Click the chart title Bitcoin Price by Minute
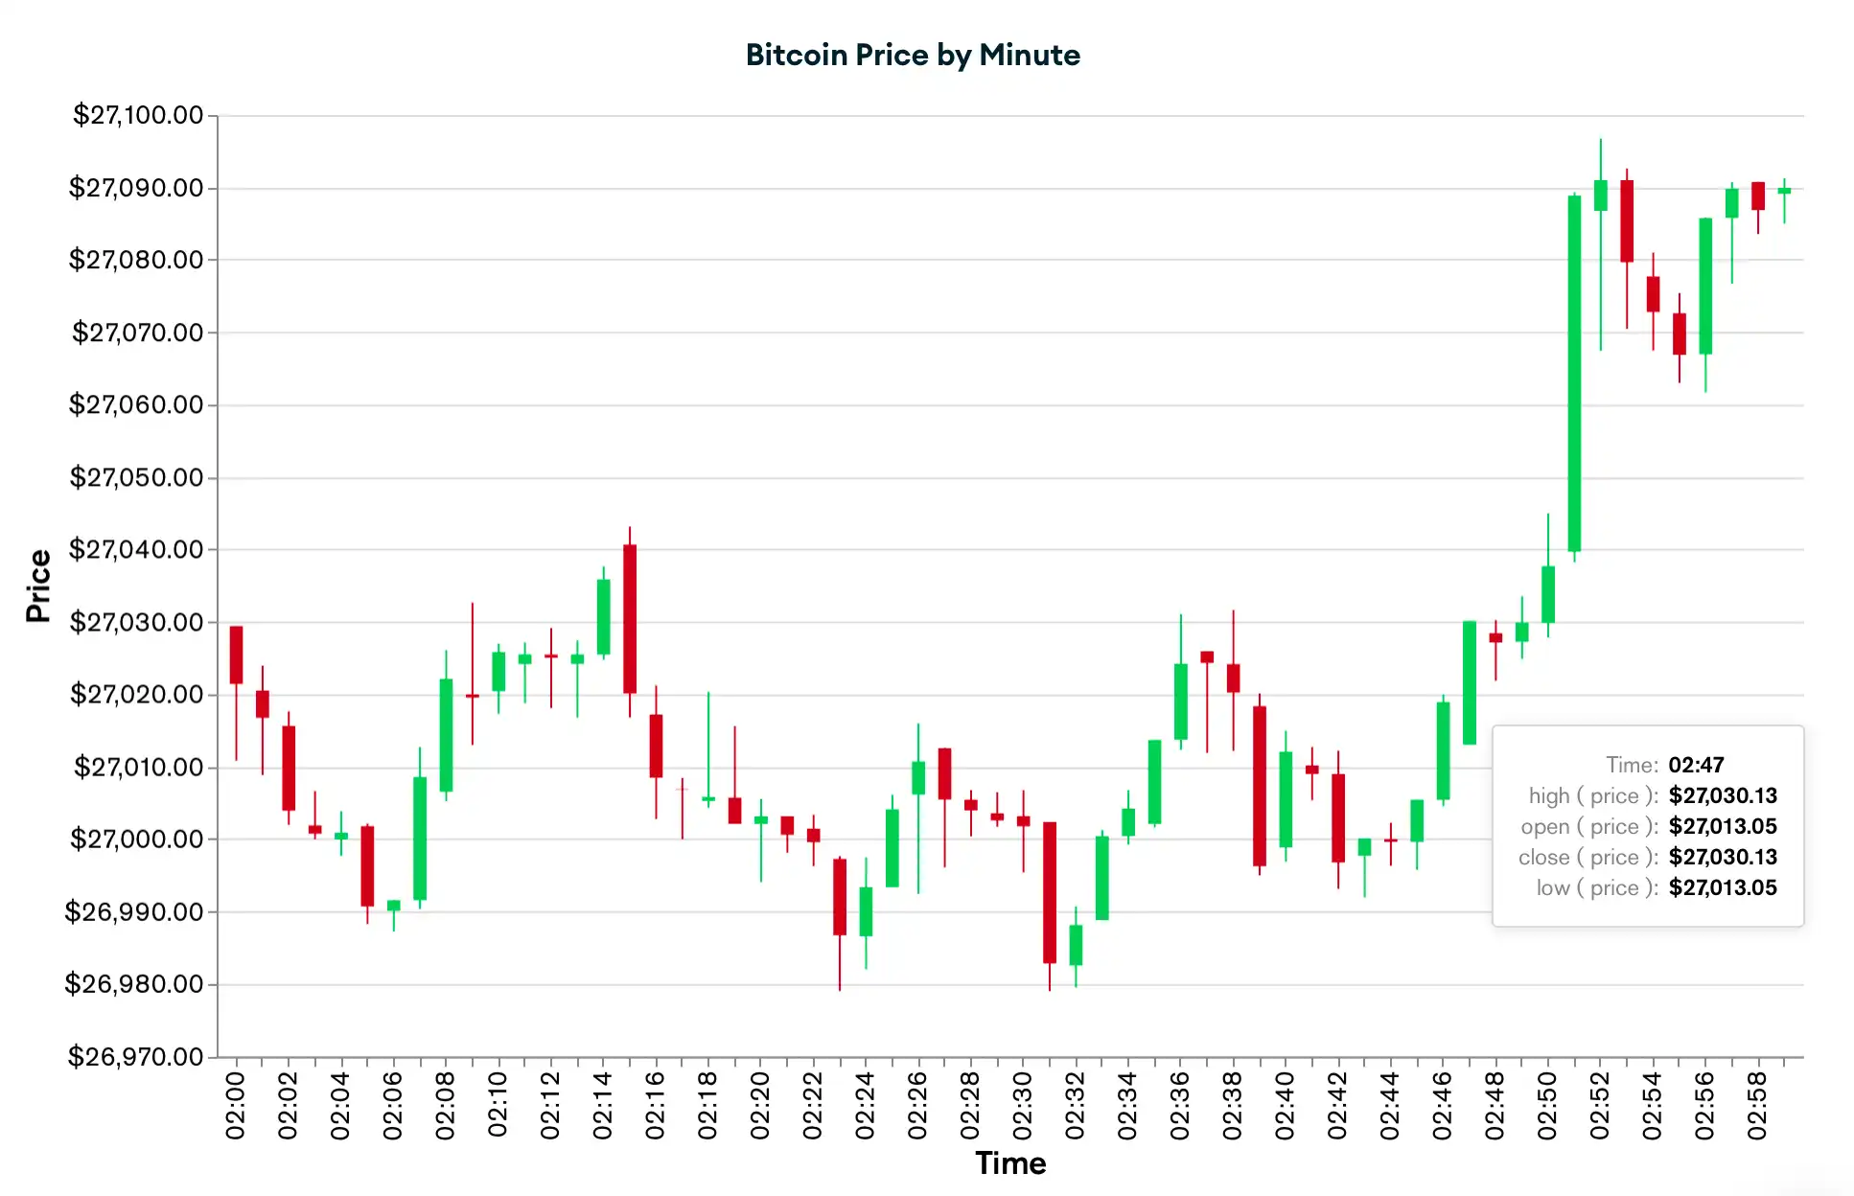tap(913, 56)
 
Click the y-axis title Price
tap(38, 586)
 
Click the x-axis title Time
tap(1010, 1163)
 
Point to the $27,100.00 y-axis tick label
tap(138, 115)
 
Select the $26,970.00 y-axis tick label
tap(135, 1057)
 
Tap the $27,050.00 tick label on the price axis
tap(136, 477)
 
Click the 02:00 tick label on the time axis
tap(236, 1106)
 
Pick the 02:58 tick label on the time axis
tap(1757, 1106)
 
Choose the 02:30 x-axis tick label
tap(1023, 1106)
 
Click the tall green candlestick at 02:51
tap(1574, 374)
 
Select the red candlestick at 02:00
tap(236, 655)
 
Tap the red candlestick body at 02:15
tap(630, 618)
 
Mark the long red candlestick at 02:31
tap(1050, 892)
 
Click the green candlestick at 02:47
tap(1470, 682)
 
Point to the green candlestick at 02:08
tap(446, 735)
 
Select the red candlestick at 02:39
tap(1260, 786)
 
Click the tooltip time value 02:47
tap(1696, 765)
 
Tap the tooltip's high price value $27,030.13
tap(1723, 795)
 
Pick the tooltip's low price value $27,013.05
tap(1723, 887)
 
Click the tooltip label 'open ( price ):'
tap(1588, 826)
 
